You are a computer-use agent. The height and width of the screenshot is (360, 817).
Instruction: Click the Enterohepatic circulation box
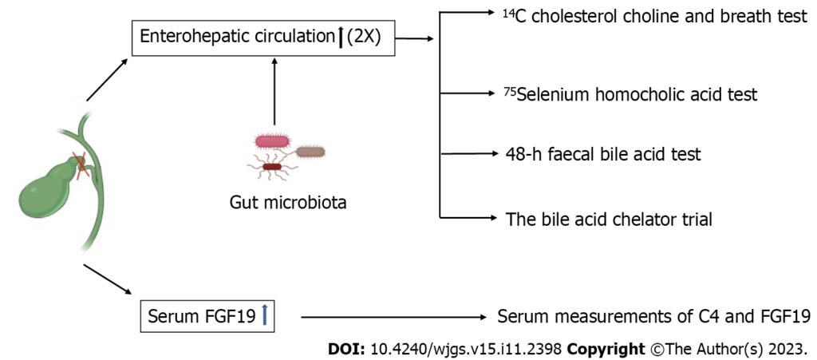tap(263, 37)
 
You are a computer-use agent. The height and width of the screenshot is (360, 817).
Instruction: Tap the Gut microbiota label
tap(288, 203)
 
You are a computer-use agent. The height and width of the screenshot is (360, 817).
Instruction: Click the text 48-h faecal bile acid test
tap(603, 155)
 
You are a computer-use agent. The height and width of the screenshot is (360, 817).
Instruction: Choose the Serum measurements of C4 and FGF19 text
tap(653, 317)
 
